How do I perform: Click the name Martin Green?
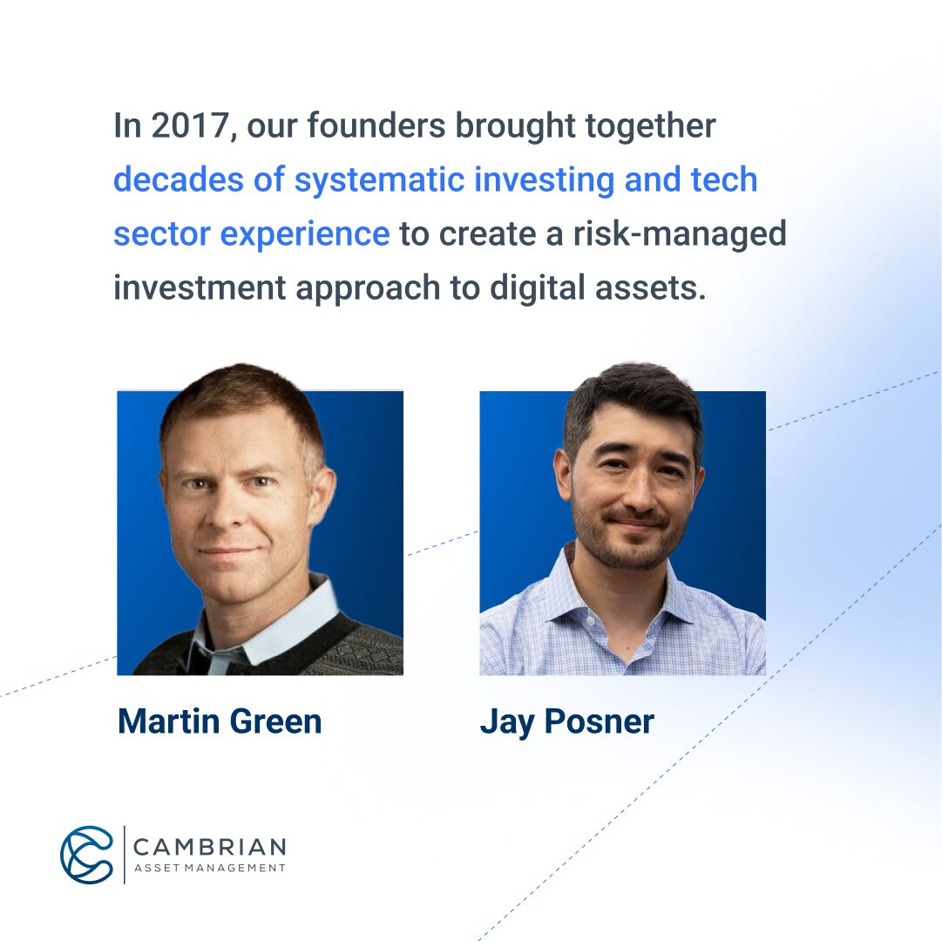(x=220, y=721)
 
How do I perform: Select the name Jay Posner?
(x=566, y=721)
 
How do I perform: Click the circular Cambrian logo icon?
(x=86, y=854)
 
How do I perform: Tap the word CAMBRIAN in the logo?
(x=209, y=847)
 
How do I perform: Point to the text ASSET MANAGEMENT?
(x=209, y=868)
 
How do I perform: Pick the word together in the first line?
(x=650, y=126)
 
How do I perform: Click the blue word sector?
(x=160, y=234)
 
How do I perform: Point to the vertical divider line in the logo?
(x=124, y=854)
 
